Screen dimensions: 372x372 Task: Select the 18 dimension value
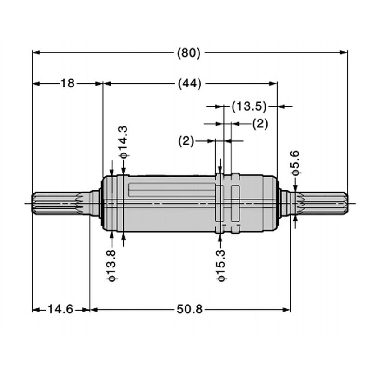pyautogui.click(x=67, y=84)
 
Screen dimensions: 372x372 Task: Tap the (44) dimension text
pyautogui.click(x=189, y=84)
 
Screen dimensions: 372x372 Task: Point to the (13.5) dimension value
pyautogui.click(x=249, y=107)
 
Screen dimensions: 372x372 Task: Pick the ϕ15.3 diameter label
pyautogui.click(x=221, y=265)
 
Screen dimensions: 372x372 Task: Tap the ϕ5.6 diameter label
pyautogui.click(x=295, y=163)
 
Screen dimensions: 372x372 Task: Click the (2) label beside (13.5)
pyautogui.click(x=260, y=124)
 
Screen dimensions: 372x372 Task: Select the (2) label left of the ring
pyautogui.click(x=186, y=140)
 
